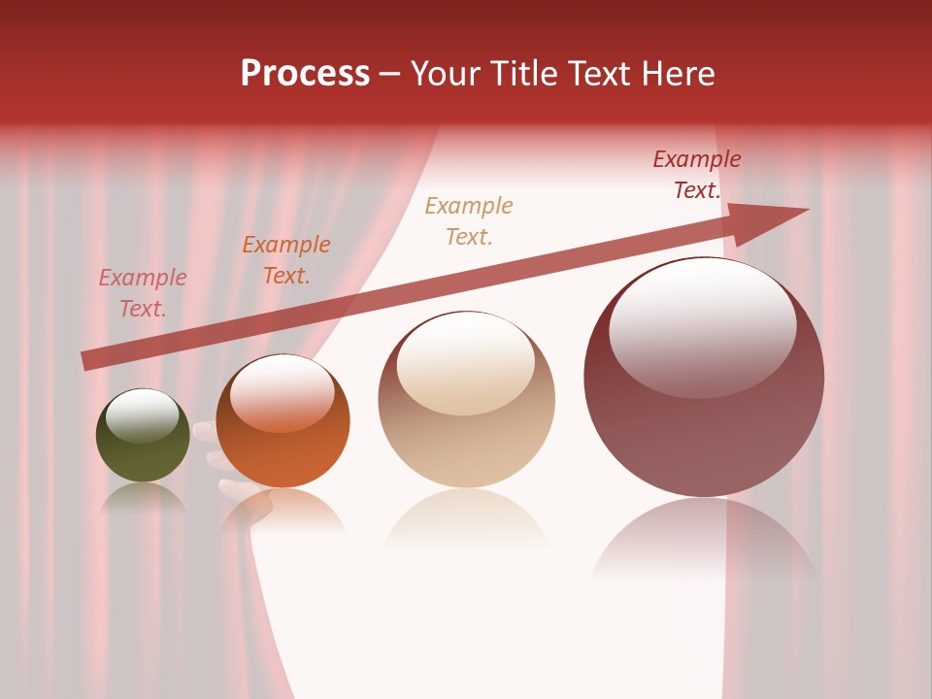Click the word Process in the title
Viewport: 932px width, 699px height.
coord(305,74)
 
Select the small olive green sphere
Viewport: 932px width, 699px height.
coord(143,436)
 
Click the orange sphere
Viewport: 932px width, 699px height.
coord(283,421)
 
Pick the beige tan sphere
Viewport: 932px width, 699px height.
coord(466,399)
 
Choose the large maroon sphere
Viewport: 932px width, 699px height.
coord(704,379)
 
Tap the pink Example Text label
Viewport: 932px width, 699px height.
coord(143,293)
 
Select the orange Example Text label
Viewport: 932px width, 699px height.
coord(286,260)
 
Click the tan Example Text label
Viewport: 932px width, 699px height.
coord(469,220)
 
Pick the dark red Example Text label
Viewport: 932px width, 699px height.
coord(697,175)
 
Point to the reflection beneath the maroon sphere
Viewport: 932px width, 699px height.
coord(704,544)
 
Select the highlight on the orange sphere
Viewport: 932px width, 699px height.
coord(282,391)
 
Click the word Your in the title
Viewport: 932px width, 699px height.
coord(448,74)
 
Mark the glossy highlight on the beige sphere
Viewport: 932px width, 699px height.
coord(466,361)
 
